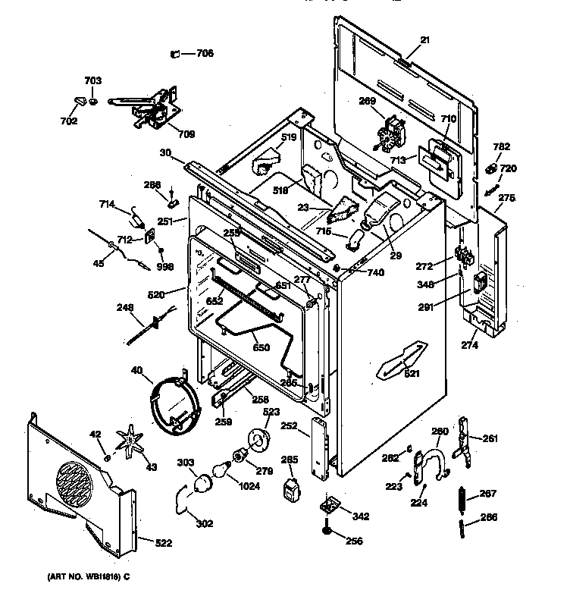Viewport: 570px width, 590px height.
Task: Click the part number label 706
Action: click(205, 53)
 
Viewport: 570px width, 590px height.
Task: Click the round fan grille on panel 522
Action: click(74, 484)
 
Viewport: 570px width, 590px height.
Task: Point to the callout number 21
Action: click(424, 40)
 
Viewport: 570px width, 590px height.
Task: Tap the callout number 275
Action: click(506, 198)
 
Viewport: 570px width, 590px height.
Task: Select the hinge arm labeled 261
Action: click(464, 440)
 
